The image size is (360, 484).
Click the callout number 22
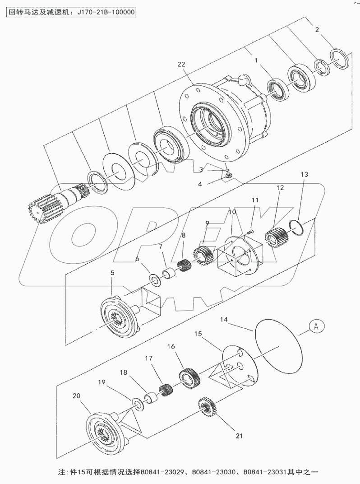click(x=181, y=65)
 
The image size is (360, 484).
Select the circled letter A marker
click(x=317, y=325)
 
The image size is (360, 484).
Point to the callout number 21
click(x=239, y=436)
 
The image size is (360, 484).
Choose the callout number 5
click(x=112, y=273)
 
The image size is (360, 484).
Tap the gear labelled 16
click(x=186, y=376)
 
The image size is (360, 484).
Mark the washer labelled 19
click(x=138, y=403)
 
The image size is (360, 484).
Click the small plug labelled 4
click(x=229, y=174)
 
